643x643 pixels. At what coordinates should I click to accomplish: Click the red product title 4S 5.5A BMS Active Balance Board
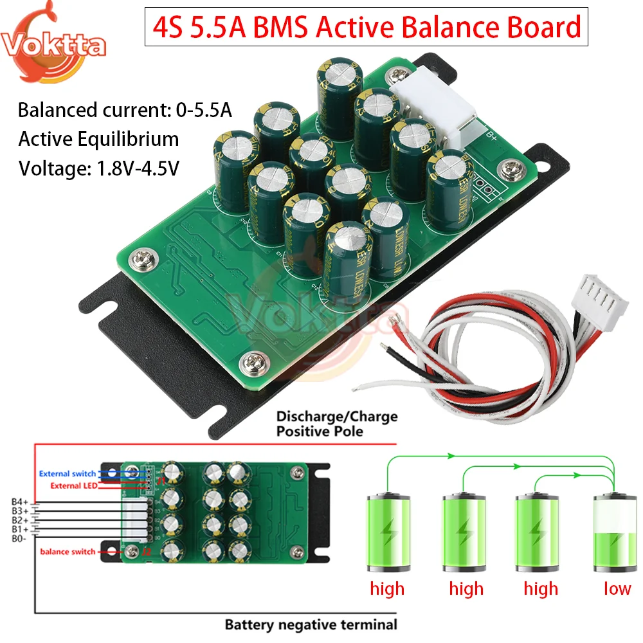pyautogui.click(x=365, y=28)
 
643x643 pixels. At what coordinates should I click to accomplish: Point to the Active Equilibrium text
pyautogui.click(x=98, y=139)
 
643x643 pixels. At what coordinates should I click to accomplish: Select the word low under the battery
pyautogui.click(x=617, y=588)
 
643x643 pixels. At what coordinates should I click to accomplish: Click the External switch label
pyautogui.click(x=67, y=474)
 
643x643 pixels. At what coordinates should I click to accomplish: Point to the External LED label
pyautogui.click(x=73, y=485)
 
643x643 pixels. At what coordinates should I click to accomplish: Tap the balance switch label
pyautogui.click(x=68, y=552)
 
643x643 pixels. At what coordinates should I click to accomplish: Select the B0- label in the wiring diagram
pyautogui.click(x=19, y=538)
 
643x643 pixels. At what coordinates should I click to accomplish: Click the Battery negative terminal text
pyautogui.click(x=311, y=624)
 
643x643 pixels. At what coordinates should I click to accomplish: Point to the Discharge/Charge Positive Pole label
pyautogui.click(x=337, y=424)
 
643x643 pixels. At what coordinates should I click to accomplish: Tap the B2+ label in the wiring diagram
pyautogui.click(x=19, y=520)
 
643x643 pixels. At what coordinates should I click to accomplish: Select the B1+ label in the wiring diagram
pyautogui.click(x=19, y=529)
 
